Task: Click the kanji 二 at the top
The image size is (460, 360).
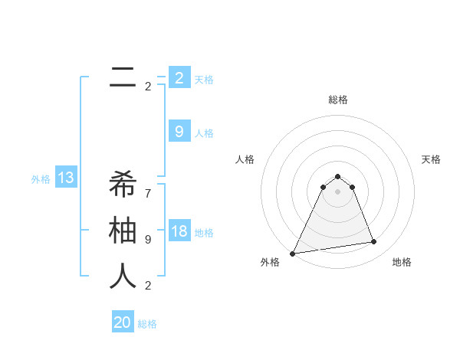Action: pos(123,77)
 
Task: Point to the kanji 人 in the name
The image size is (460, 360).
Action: pos(123,277)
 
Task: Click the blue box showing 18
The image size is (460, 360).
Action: pos(179,232)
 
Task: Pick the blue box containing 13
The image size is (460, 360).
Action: pos(65,178)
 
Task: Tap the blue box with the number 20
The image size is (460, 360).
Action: pos(123,322)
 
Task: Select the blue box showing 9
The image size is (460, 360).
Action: pos(179,132)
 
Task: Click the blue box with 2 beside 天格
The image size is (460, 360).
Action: pos(179,77)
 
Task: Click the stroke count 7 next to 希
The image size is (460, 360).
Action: pos(148,186)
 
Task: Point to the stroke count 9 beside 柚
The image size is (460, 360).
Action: pos(148,239)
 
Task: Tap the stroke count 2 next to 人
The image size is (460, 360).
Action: pos(148,286)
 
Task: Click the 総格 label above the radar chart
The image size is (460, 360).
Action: pos(338,100)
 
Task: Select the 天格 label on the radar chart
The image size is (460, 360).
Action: pos(431,159)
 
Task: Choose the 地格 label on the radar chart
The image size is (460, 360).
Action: pos(402,262)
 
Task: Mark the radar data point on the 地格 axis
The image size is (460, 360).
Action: pos(374,242)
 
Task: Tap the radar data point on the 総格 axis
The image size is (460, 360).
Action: pos(337,177)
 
